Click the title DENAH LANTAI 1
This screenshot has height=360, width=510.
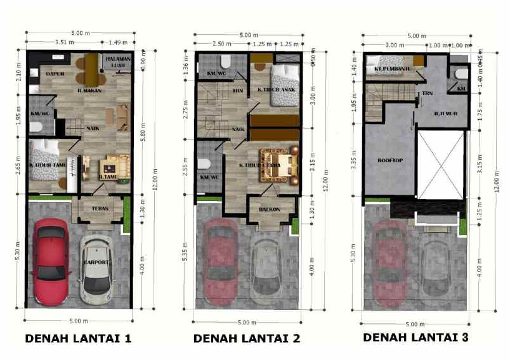pos(78,338)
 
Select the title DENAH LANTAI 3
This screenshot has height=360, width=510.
pos(415,337)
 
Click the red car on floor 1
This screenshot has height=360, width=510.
pos(51,260)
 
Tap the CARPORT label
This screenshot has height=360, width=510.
pos(96,261)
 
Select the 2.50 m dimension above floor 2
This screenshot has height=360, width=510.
pos(221,44)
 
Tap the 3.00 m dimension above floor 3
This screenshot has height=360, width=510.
pos(395,45)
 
